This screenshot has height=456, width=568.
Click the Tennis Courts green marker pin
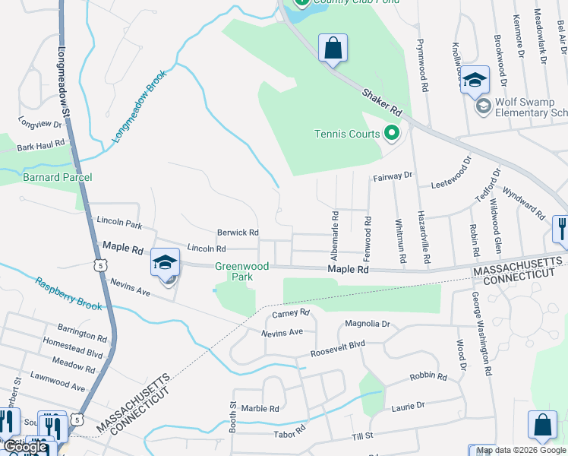coord(392,134)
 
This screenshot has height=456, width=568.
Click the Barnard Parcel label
coord(57,177)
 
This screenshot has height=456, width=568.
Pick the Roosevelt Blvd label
coord(338,349)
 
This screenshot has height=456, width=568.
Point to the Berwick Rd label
coord(238,233)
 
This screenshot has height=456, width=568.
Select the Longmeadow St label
coord(65,84)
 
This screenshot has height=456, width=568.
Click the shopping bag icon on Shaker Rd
coord(333,49)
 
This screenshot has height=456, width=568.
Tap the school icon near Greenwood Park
coord(165,261)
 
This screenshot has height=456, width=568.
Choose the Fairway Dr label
coord(392,176)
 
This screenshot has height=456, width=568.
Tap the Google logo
coord(26,448)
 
